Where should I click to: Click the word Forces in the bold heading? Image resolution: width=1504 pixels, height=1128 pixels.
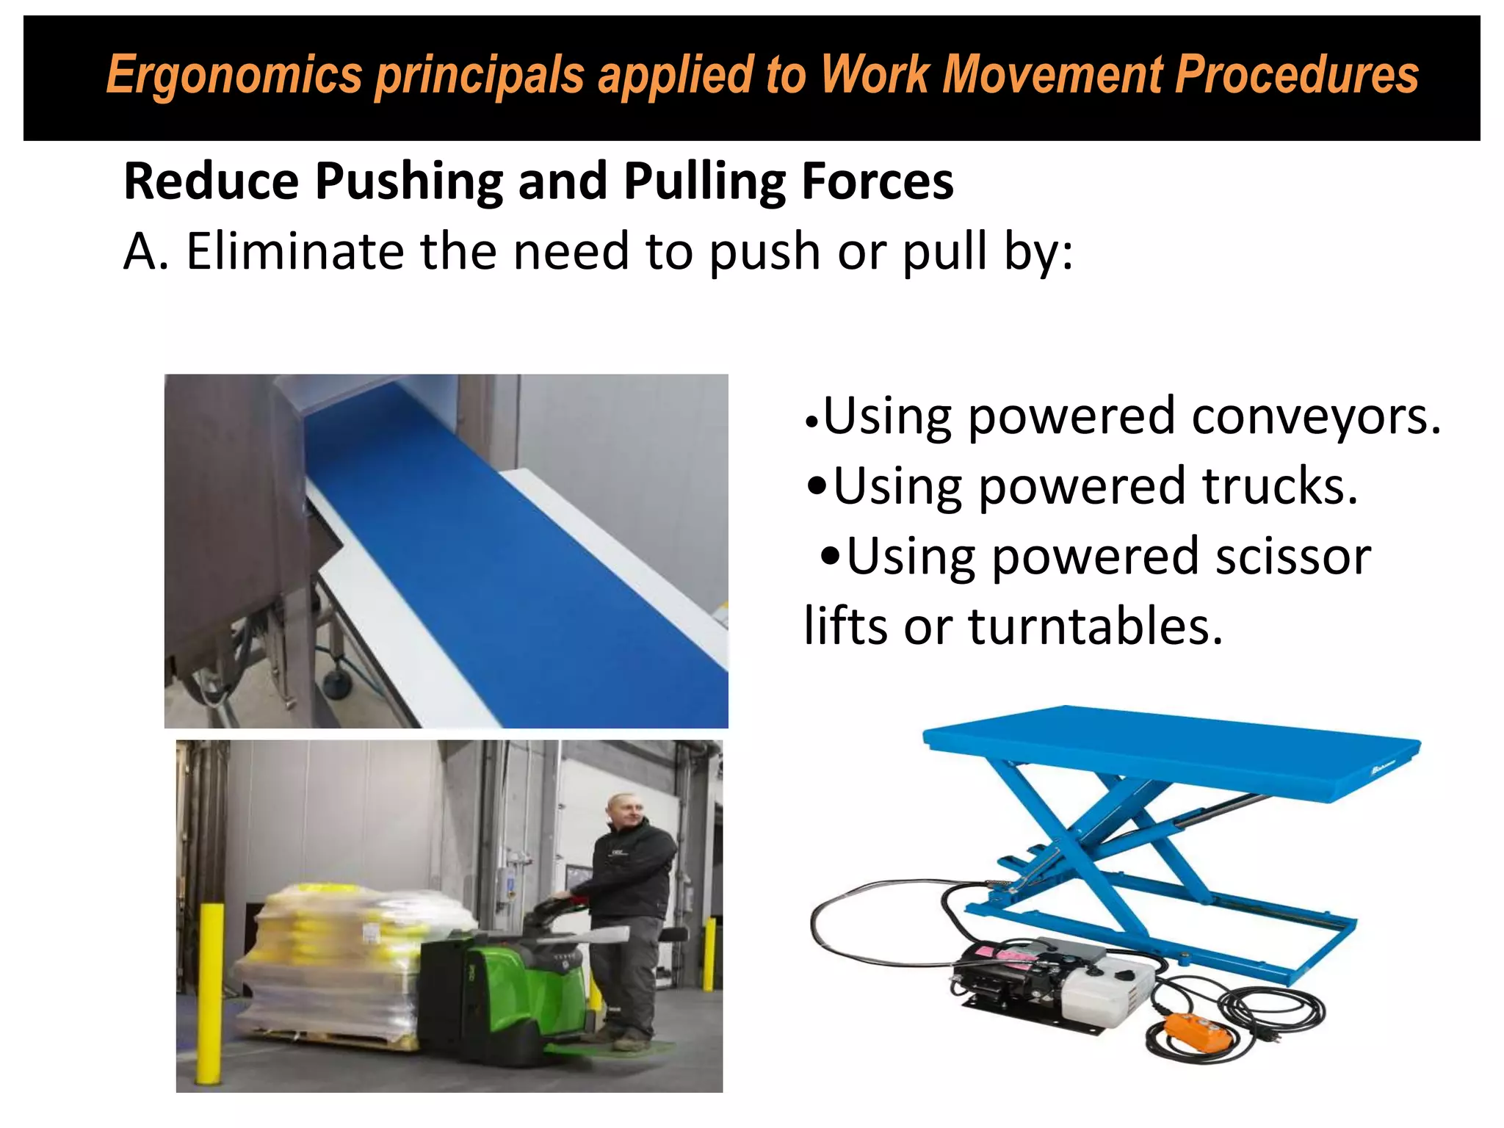[x=878, y=181]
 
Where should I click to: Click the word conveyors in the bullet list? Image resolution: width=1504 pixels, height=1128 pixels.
[x=1315, y=416]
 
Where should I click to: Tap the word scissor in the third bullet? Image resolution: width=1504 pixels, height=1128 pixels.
[x=1292, y=556]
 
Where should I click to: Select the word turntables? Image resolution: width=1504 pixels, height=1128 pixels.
[x=1095, y=626]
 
